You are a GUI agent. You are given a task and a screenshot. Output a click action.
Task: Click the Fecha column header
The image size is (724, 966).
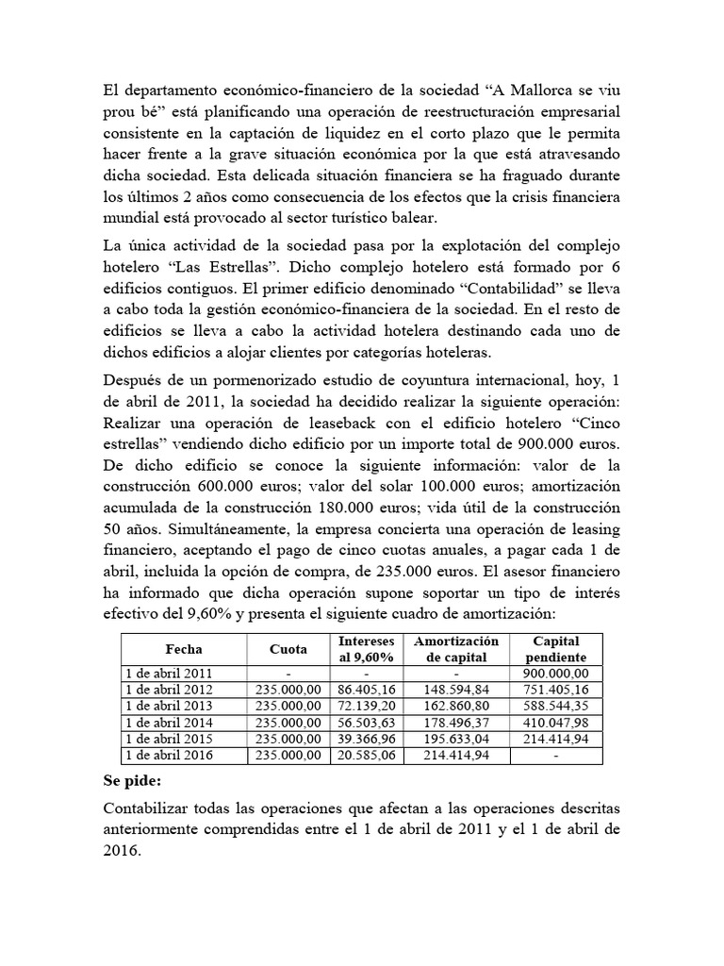tap(184, 649)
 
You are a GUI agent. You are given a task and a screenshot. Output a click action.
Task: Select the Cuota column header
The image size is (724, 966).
tap(287, 649)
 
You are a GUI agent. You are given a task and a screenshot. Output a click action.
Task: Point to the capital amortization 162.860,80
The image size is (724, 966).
tap(455, 706)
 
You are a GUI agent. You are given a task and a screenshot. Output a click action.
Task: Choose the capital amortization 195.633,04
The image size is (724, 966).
tap(455, 739)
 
